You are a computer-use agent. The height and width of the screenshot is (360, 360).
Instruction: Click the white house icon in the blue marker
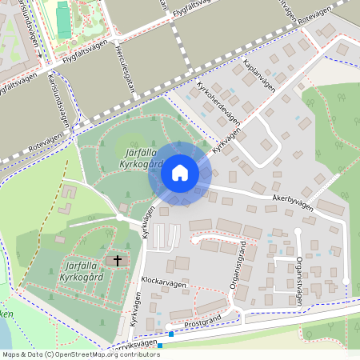click(179, 173)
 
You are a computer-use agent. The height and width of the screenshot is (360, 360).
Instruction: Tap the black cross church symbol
click(118, 260)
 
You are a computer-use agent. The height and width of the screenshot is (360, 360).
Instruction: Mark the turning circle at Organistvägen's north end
click(297, 231)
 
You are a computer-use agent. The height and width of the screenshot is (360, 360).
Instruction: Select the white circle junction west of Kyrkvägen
click(119, 217)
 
